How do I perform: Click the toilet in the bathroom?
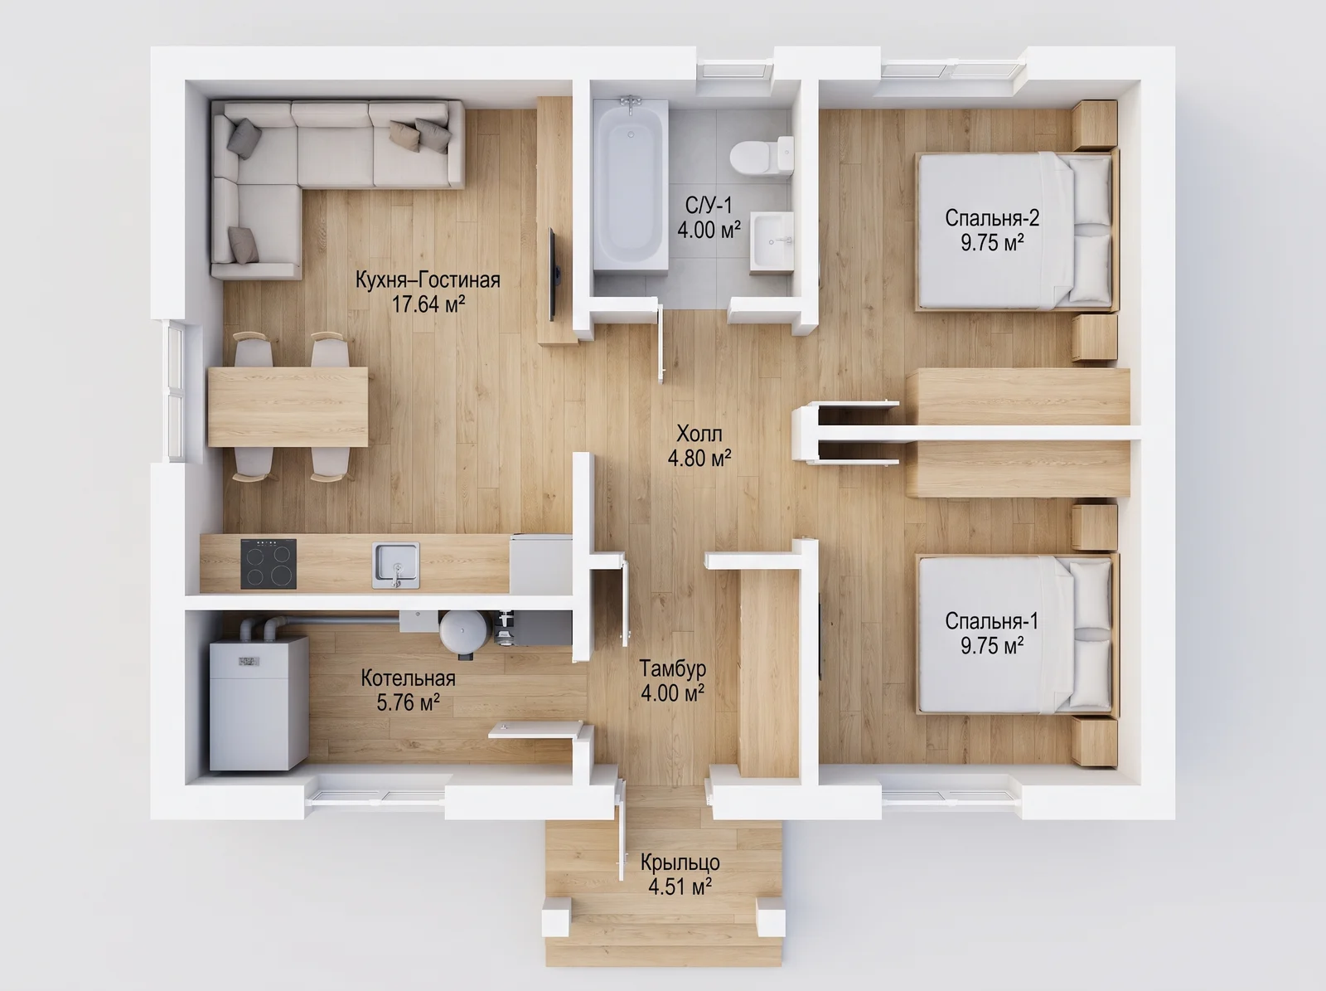pos(762,155)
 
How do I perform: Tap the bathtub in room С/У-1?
pos(630,185)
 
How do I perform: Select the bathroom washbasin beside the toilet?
pos(772,241)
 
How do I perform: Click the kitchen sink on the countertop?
pos(395,565)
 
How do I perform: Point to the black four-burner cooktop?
pos(269,564)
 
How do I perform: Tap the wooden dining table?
pos(288,406)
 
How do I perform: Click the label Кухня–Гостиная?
pos(428,279)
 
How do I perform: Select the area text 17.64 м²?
pos(428,304)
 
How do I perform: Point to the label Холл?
pos(699,433)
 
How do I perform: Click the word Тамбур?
pos(672,668)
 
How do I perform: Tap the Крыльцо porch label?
pos(680,862)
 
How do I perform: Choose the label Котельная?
pos(408,678)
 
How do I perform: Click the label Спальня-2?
pos(992,217)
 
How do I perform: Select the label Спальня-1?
pos(992,620)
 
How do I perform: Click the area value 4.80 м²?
pos(699,458)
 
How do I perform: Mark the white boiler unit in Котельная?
pos(259,703)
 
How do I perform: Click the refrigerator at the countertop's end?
pos(540,564)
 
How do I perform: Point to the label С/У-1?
pos(708,206)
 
